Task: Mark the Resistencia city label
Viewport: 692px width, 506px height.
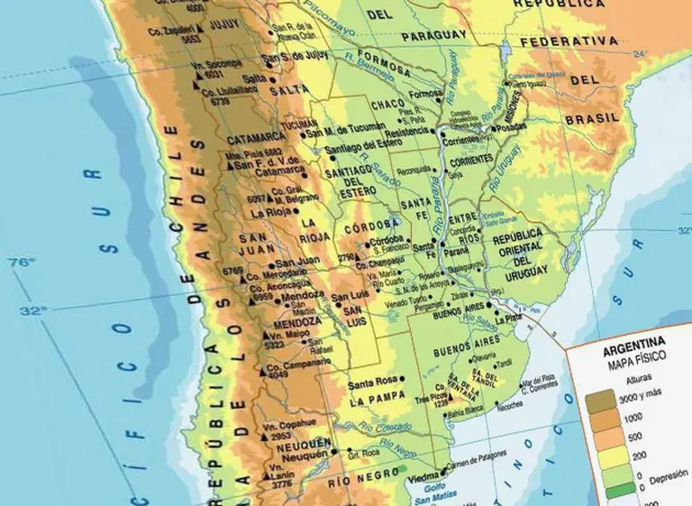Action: pyautogui.click(x=405, y=131)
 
